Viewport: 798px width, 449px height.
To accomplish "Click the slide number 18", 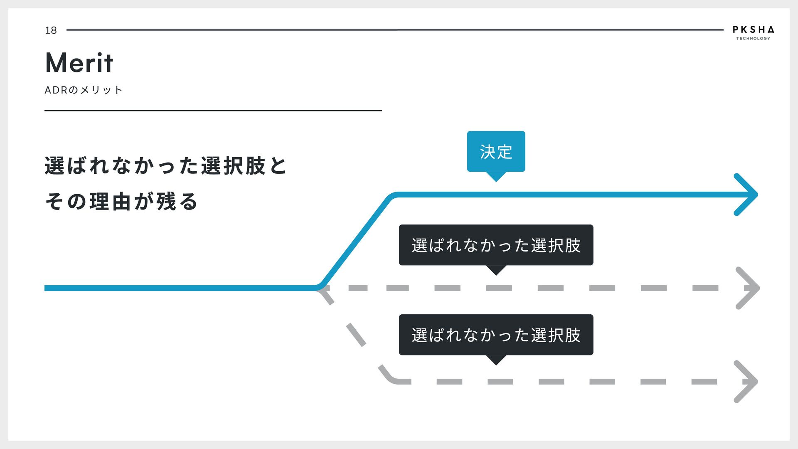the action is (x=51, y=30).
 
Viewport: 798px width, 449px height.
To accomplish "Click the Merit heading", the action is (x=79, y=63).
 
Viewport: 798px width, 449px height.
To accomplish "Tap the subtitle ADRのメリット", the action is (x=84, y=90).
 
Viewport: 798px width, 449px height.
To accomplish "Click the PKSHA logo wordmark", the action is (x=753, y=30).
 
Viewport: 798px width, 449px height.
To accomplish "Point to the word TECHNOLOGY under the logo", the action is (x=753, y=39).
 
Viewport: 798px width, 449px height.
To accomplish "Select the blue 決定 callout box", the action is (x=496, y=151).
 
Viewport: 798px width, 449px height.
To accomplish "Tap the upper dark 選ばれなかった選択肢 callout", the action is (x=496, y=245).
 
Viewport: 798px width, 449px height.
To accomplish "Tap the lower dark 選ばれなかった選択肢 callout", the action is (x=496, y=335).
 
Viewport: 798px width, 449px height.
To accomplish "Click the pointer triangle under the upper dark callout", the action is (x=496, y=270).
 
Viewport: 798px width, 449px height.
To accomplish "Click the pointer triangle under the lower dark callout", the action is (x=496, y=360).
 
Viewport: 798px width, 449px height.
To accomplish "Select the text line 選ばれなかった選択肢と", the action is (x=166, y=166).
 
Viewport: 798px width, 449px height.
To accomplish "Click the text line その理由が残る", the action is (x=121, y=202).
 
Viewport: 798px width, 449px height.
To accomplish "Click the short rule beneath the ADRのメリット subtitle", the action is (x=213, y=111).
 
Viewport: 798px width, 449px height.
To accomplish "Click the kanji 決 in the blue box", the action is (x=488, y=152).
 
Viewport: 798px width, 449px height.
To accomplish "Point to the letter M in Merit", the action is (x=57, y=63).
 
